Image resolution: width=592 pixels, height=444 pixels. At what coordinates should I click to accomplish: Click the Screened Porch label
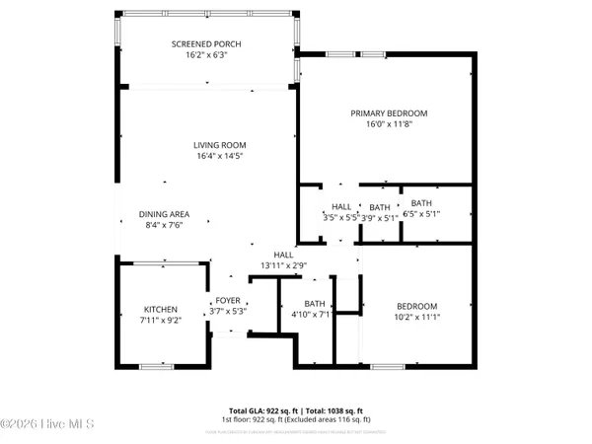(x=205, y=44)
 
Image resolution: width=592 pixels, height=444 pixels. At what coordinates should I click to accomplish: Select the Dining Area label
(x=164, y=214)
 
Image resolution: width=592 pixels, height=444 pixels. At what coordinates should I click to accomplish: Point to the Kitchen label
(x=159, y=310)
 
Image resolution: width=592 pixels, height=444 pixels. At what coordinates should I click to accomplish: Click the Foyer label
(x=228, y=301)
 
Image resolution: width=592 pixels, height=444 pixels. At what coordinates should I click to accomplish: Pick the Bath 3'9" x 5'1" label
(x=379, y=206)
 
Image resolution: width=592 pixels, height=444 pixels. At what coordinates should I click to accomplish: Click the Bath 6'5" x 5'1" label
(x=421, y=202)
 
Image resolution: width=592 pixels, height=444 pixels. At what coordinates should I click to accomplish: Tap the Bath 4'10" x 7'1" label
(x=315, y=304)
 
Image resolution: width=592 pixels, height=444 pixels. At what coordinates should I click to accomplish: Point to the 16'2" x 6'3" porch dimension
(x=205, y=56)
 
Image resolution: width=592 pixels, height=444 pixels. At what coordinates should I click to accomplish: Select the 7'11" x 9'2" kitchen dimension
(x=159, y=321)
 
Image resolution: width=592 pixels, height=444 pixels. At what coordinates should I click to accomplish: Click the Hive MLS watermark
(x=46, y=423)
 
